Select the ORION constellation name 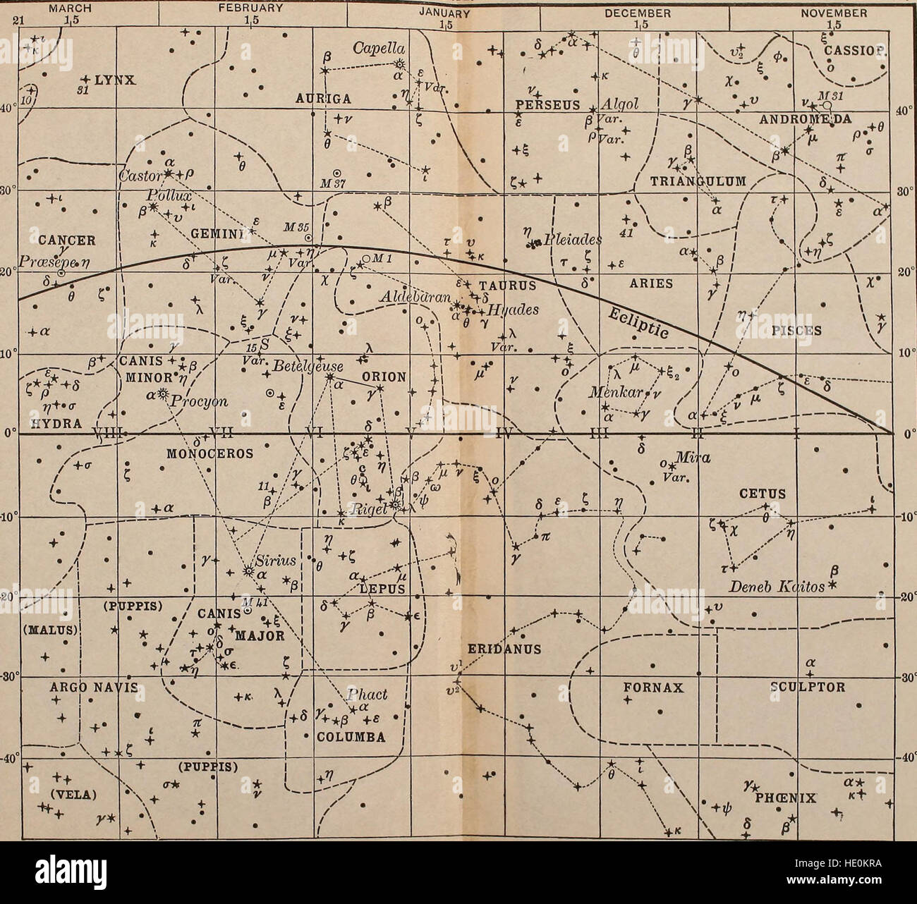tap(384, 377)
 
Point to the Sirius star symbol tap(248, 571)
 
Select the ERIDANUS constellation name tap(503, 649)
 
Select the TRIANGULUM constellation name tap(697, 181)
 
